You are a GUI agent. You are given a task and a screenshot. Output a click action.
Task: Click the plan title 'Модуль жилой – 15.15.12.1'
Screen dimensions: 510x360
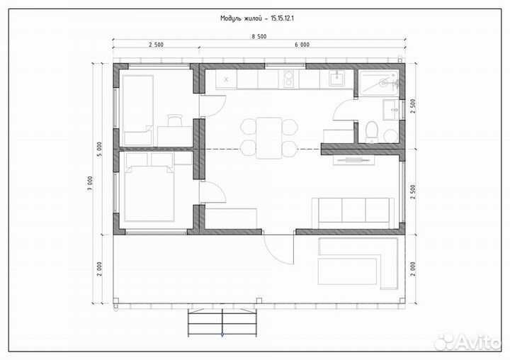click(x=257, y=18)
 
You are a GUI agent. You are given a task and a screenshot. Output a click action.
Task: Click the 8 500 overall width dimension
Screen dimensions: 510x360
click(x=259, y=36)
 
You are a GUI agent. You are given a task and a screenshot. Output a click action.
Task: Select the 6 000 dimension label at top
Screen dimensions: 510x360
click(x=302, y=45)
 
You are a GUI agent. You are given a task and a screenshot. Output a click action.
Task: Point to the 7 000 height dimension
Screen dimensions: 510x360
click(x=90, y=184)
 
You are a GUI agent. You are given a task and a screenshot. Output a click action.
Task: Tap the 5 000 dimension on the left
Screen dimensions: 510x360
click(x=100, y=149)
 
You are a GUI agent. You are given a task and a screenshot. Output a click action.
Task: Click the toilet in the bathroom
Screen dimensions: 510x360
click(x=371, y=132)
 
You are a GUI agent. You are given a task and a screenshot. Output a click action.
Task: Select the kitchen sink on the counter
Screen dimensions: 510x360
click(x=336, y=79)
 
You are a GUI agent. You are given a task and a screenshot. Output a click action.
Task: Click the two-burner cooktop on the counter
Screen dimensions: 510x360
click(x=289, y=79)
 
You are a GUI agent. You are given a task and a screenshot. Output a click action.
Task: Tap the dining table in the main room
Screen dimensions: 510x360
click(x=269, y=138)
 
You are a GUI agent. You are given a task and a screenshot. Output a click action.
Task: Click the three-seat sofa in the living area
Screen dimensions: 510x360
click(x=353, y=213)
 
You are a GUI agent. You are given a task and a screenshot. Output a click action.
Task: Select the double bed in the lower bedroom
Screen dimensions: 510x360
click(x=149, y=193)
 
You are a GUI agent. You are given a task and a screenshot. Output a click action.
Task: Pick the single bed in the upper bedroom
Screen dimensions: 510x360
click(x=138, y=110)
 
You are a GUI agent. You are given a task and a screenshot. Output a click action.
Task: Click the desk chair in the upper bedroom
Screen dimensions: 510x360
click(x=175, y=120)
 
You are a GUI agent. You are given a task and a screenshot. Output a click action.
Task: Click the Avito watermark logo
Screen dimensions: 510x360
click(x=468, y=342)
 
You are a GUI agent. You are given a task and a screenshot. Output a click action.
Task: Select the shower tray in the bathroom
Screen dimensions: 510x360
click(x=379, y=83)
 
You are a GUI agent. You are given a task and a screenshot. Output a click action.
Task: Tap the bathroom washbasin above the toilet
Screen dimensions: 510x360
click(x=390, y=110)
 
